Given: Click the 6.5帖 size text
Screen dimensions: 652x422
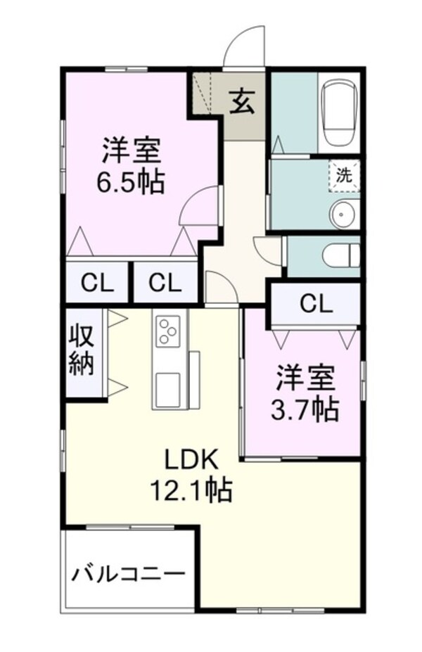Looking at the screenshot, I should pos(132,183).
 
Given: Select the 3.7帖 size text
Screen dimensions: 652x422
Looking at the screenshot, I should pos(305,409).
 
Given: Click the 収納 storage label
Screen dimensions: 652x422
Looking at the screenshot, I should pos(82,352).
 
